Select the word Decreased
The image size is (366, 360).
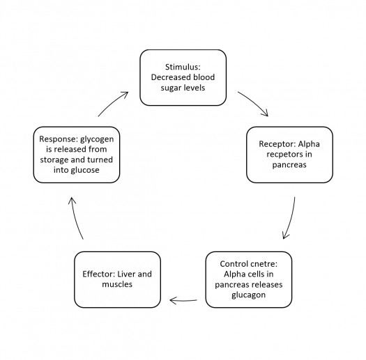170,77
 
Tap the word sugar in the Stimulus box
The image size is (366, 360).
170,88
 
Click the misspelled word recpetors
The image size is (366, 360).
283,155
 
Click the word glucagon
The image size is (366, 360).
249,295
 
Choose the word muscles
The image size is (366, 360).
117,285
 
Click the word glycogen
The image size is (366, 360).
97,139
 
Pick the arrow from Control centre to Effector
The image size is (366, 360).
183,301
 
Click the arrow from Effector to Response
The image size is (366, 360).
75,218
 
